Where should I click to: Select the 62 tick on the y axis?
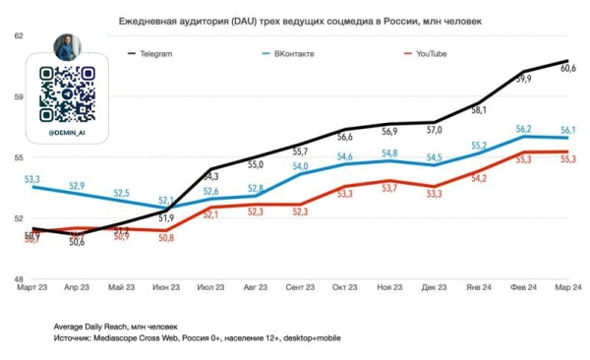[x=17, y=35]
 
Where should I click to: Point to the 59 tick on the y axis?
[x=17, y=96]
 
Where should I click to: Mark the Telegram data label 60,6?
[x=567, y=68]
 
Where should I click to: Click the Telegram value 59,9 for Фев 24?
[x=523, y=79]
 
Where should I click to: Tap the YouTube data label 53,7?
[x=389, y=188]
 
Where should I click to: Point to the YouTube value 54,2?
[x=479, y=178]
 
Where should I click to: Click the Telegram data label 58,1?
[x=479, y=110]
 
